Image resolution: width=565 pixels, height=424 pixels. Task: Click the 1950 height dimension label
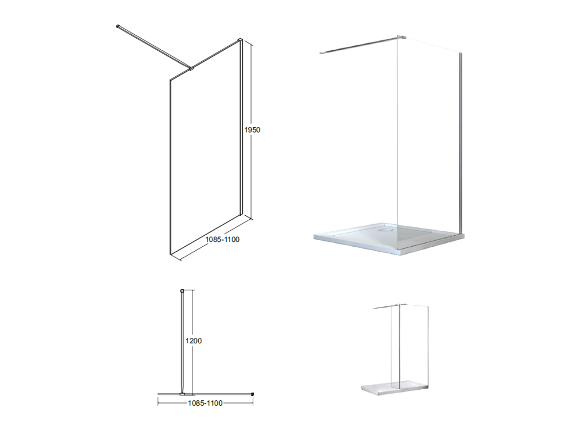pos(252,130)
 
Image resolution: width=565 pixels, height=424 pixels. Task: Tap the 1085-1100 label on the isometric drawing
pos(222,240)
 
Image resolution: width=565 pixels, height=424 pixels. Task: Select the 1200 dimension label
pos(194,341)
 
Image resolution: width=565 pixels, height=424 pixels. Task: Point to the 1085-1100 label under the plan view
pos(205,403)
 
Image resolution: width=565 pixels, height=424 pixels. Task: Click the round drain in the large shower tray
pos(386,227)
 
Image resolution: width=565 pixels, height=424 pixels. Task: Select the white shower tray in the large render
pos(389,238)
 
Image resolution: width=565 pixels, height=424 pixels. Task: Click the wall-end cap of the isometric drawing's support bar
pos(118,26)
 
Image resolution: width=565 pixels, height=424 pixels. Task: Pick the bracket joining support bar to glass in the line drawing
pos(191,67)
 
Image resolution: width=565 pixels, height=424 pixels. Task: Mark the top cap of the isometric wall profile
pos(240,40)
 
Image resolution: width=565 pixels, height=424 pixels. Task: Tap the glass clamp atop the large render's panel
pos(402,37)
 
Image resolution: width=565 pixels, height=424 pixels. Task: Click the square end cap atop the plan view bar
pos(182,290)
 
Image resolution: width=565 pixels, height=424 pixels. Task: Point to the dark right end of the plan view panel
pos(253,394)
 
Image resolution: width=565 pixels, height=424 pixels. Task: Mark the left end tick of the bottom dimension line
pos(158,401)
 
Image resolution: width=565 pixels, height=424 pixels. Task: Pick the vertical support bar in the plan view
pos(182,342)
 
